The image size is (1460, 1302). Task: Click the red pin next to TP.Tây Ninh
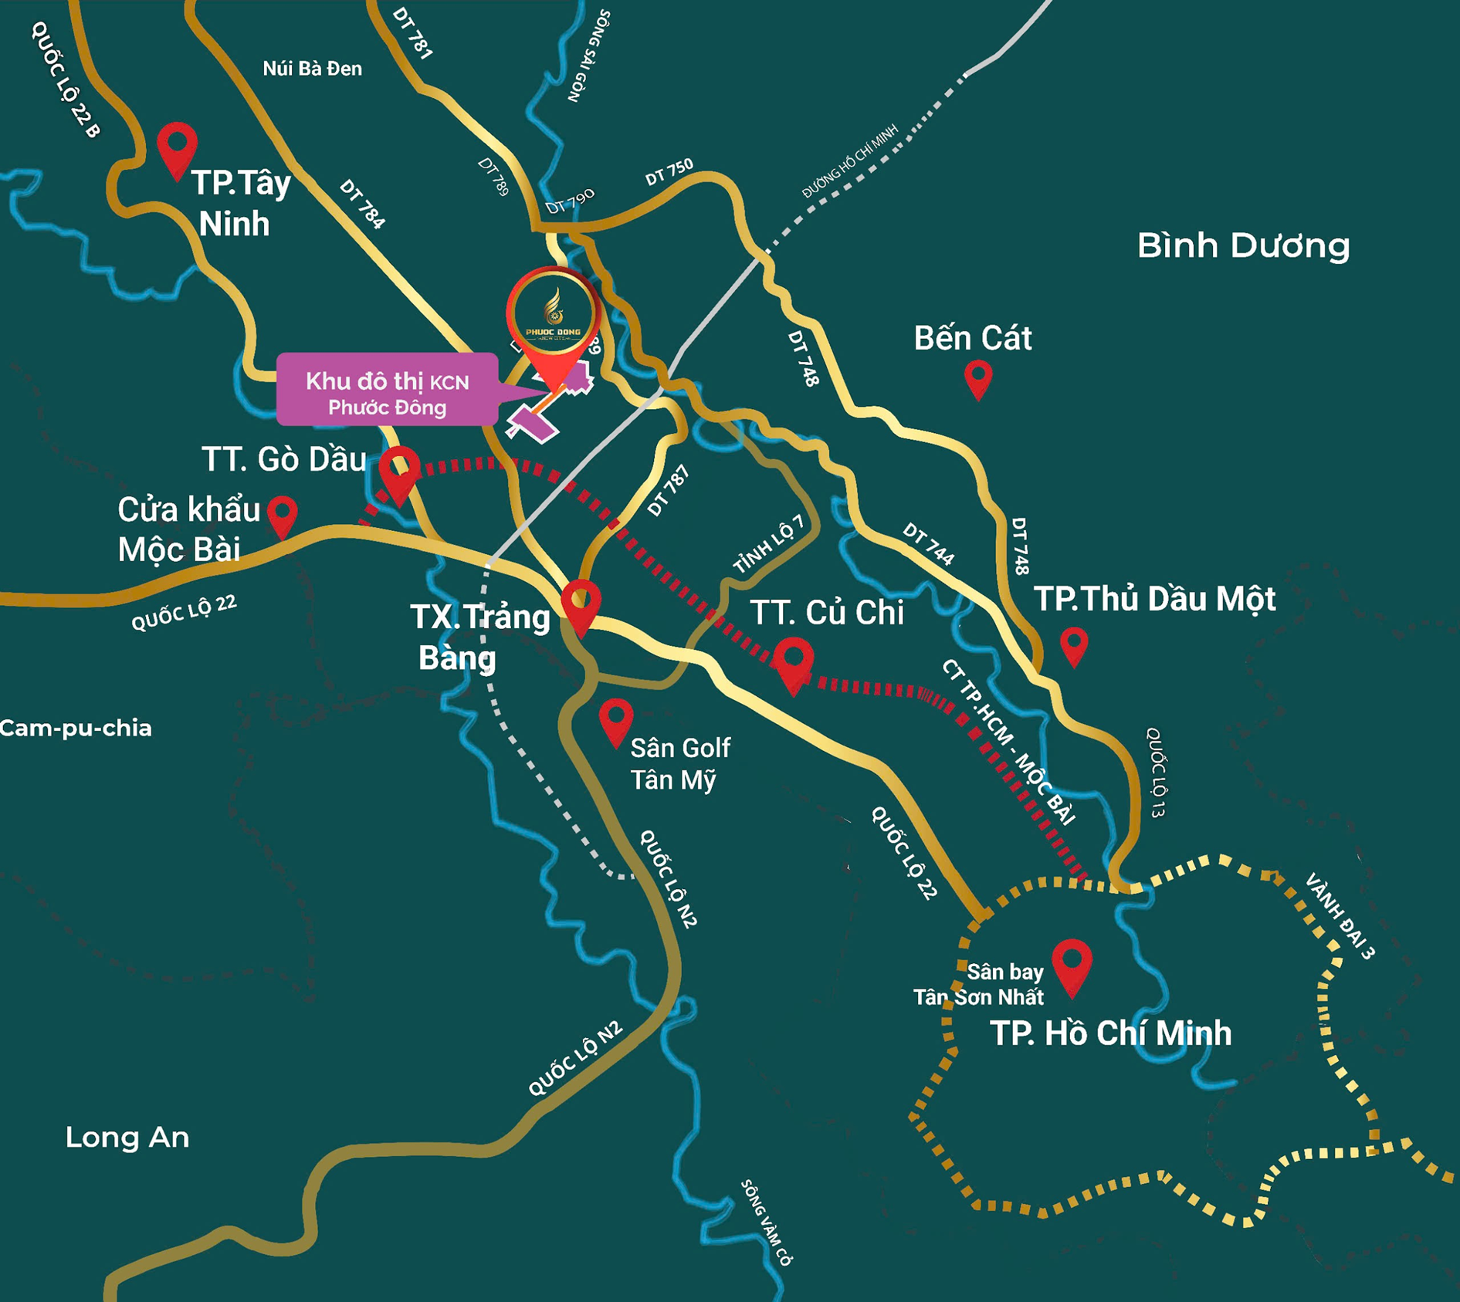coord(177,147)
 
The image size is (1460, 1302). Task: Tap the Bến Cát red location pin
coord(978,378)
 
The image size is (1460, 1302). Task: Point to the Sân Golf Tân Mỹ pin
coord(615,719)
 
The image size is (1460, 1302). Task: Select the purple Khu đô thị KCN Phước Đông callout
coord(387,390)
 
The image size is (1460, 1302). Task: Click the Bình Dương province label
coord(1243,245)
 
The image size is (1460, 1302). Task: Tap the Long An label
coord(127,1137)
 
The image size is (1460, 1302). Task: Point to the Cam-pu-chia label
coord(76,728)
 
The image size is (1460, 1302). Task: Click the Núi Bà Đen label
coord(312,69)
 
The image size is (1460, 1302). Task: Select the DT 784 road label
coord(361,205)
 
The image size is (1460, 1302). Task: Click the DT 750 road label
coord(669,171)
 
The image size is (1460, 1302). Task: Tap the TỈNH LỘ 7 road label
coord(768,543)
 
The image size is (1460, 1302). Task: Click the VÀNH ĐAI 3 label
coord(1340,916)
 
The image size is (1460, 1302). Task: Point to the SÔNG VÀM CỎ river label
coord(766,1223)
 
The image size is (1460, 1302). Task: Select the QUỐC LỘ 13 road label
coord(1156,772)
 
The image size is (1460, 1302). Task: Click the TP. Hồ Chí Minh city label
coord(1110,1033)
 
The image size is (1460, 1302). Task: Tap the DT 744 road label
coord(929,543)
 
